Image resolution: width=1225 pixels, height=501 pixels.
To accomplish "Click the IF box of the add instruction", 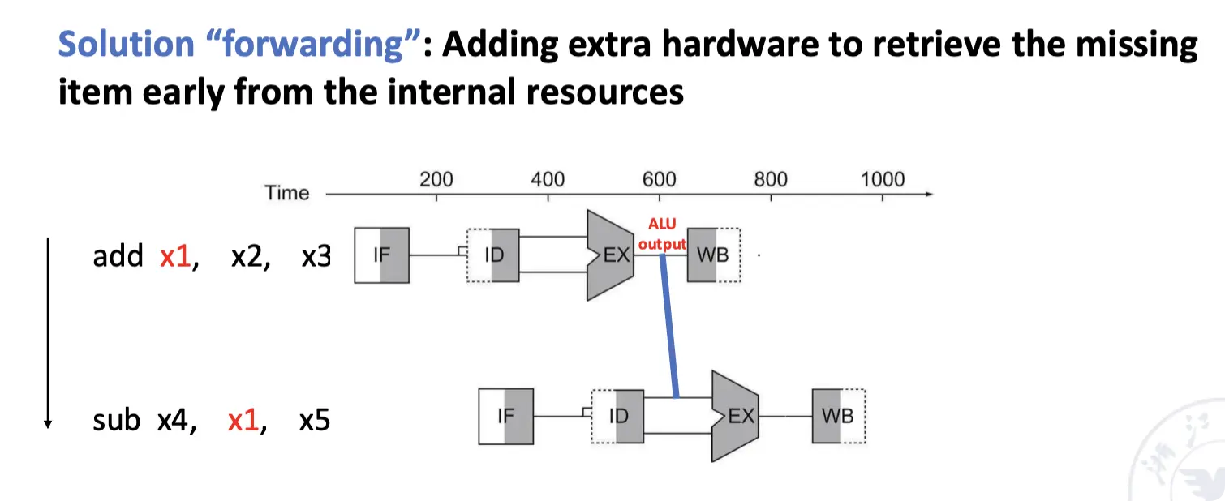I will coord(381,255).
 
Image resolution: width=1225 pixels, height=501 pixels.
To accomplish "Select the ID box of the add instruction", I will coord(492,255).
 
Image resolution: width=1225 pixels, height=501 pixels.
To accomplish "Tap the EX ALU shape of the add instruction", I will coord(610,255).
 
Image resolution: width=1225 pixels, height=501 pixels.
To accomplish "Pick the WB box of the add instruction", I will coord(713,255).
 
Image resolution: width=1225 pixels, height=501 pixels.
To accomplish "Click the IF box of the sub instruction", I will coord(506,417).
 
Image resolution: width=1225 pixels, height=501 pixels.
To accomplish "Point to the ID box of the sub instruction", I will coord(617,417).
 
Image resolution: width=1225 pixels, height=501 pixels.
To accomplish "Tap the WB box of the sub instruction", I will coord(838,417).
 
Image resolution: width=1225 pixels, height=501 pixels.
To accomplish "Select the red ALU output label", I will coord(662,233).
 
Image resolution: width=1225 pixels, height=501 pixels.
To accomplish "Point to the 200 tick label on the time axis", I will coord(436,179).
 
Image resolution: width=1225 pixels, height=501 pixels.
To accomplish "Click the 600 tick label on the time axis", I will coord(659,179).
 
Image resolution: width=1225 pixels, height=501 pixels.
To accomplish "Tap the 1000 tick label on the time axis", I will coord(882,179).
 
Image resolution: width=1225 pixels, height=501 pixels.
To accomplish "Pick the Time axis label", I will coord(287,193).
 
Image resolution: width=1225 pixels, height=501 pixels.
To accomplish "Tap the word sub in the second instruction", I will coord(117,421).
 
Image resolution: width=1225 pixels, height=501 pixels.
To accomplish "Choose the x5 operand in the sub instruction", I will coord(314,421).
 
